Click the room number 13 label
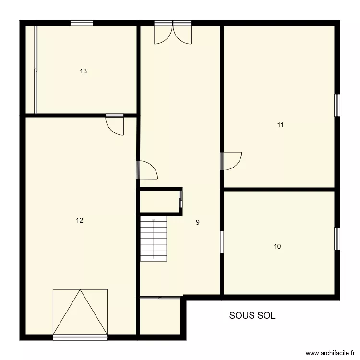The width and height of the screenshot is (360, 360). (84, 71)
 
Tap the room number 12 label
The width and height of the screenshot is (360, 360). (80, 220)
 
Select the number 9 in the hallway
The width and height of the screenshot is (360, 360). (198, 222)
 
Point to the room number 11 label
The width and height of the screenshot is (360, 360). (280, 125)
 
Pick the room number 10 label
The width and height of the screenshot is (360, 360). (277, 246)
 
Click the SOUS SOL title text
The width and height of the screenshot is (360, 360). (252, 315)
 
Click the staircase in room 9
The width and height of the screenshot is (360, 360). (153, 238)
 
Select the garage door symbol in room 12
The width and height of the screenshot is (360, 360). (80, 312)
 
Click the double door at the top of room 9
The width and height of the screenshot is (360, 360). (172, 33)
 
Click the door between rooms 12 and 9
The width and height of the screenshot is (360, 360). (147, 170)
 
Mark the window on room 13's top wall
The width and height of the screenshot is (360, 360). (81, 23)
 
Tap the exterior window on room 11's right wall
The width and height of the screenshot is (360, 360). (337, 105)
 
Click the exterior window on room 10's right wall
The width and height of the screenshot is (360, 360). (337, 239)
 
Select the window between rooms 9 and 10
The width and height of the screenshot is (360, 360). (222, 241)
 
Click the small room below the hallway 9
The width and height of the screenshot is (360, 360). (160, 316)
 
